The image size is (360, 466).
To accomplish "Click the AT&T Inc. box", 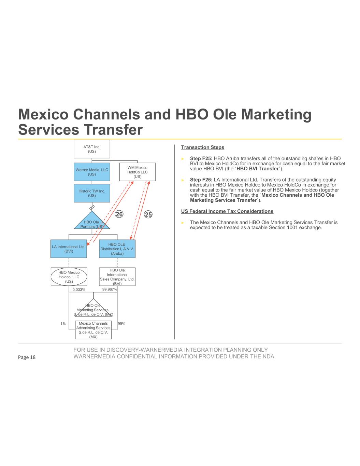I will tap(92, 149).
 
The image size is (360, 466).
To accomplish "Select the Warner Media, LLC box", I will tap(92, 172).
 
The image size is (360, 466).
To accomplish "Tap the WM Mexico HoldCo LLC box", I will tap(137, 172).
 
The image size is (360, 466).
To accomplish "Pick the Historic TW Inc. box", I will tap(92, 193).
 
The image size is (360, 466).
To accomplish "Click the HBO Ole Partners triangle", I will tap(92, 223).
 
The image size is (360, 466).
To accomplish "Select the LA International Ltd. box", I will tap(69, 249).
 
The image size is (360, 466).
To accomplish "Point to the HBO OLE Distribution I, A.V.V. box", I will tap(117, 249).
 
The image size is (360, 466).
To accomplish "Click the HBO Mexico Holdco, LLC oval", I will tap(69, 277).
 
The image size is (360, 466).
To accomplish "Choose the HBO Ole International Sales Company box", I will tap(117, 277).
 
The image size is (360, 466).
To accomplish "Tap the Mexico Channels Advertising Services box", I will tap(93, 330).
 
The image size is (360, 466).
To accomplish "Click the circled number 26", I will tap(119, 214).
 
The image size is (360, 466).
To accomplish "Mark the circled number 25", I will tap(148, 214).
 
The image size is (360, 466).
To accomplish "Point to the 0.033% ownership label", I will tap(79, 290).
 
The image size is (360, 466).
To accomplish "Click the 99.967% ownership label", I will tap(110, 290).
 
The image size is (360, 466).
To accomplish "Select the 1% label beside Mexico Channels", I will tap(63, 324).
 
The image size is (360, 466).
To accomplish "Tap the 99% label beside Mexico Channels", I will tap(121, 324).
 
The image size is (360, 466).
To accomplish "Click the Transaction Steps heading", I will tap(202, 147).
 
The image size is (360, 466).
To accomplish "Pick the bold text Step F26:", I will tap(201, 180).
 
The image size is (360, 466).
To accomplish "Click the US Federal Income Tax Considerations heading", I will tap(227, 211).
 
